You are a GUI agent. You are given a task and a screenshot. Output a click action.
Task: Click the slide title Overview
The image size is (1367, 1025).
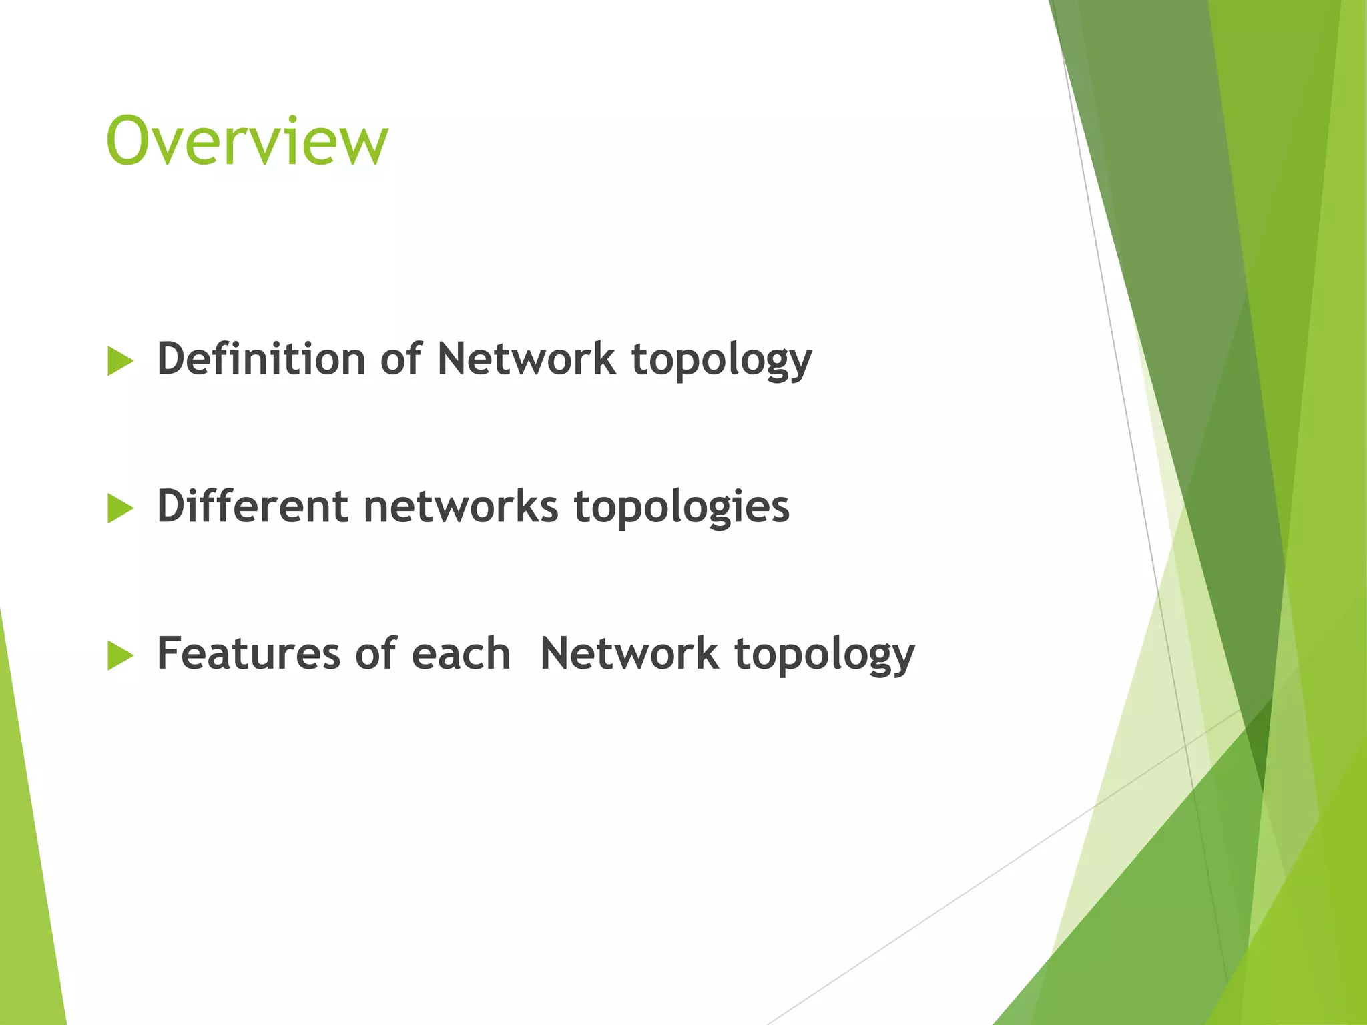coord(247,141)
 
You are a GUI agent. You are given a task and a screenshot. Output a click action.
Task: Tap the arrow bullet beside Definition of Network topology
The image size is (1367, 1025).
coord(120,362)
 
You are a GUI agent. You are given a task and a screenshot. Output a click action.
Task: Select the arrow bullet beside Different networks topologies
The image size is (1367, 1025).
coord(120,509)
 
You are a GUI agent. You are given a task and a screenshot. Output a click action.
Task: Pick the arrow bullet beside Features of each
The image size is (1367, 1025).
coord(120,656)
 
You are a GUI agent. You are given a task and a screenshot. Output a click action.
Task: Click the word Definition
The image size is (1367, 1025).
coord(261,359)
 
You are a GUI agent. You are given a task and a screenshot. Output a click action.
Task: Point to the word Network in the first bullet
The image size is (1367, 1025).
coord(526,359)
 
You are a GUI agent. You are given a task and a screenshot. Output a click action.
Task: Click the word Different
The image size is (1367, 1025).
coord(252,506)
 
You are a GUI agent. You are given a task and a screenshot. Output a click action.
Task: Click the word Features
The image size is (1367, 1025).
coord(248,653)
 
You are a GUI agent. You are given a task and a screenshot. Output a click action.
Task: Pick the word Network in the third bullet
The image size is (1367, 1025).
coord(629,653)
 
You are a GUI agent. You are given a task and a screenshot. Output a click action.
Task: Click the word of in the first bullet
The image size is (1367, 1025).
coord(400,359)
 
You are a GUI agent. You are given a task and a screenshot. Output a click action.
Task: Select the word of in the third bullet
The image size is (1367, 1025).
coord(376,653)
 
